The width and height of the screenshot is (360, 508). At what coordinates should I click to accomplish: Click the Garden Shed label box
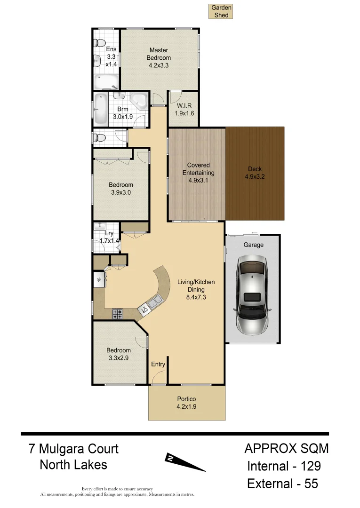(x=221, y=12)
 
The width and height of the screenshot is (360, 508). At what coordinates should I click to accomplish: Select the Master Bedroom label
(x=159, y=58)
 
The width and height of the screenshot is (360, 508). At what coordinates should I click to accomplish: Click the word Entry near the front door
(x=158, y=364)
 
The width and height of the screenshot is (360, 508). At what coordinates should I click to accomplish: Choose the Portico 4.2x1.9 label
(x=186, y=403)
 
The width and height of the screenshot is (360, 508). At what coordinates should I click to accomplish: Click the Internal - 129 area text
(x=284, y=466)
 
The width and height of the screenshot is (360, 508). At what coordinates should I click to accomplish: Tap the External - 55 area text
(x=283, y=484)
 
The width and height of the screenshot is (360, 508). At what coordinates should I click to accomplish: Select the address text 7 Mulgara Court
(x=73, y=449)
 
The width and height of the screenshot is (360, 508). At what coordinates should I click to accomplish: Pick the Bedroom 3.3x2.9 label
(x=118, y=354)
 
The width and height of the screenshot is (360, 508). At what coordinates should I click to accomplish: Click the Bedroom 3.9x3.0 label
(x=121, y=189)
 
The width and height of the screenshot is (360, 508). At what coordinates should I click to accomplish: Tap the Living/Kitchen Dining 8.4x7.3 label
(x=196, y=289)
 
